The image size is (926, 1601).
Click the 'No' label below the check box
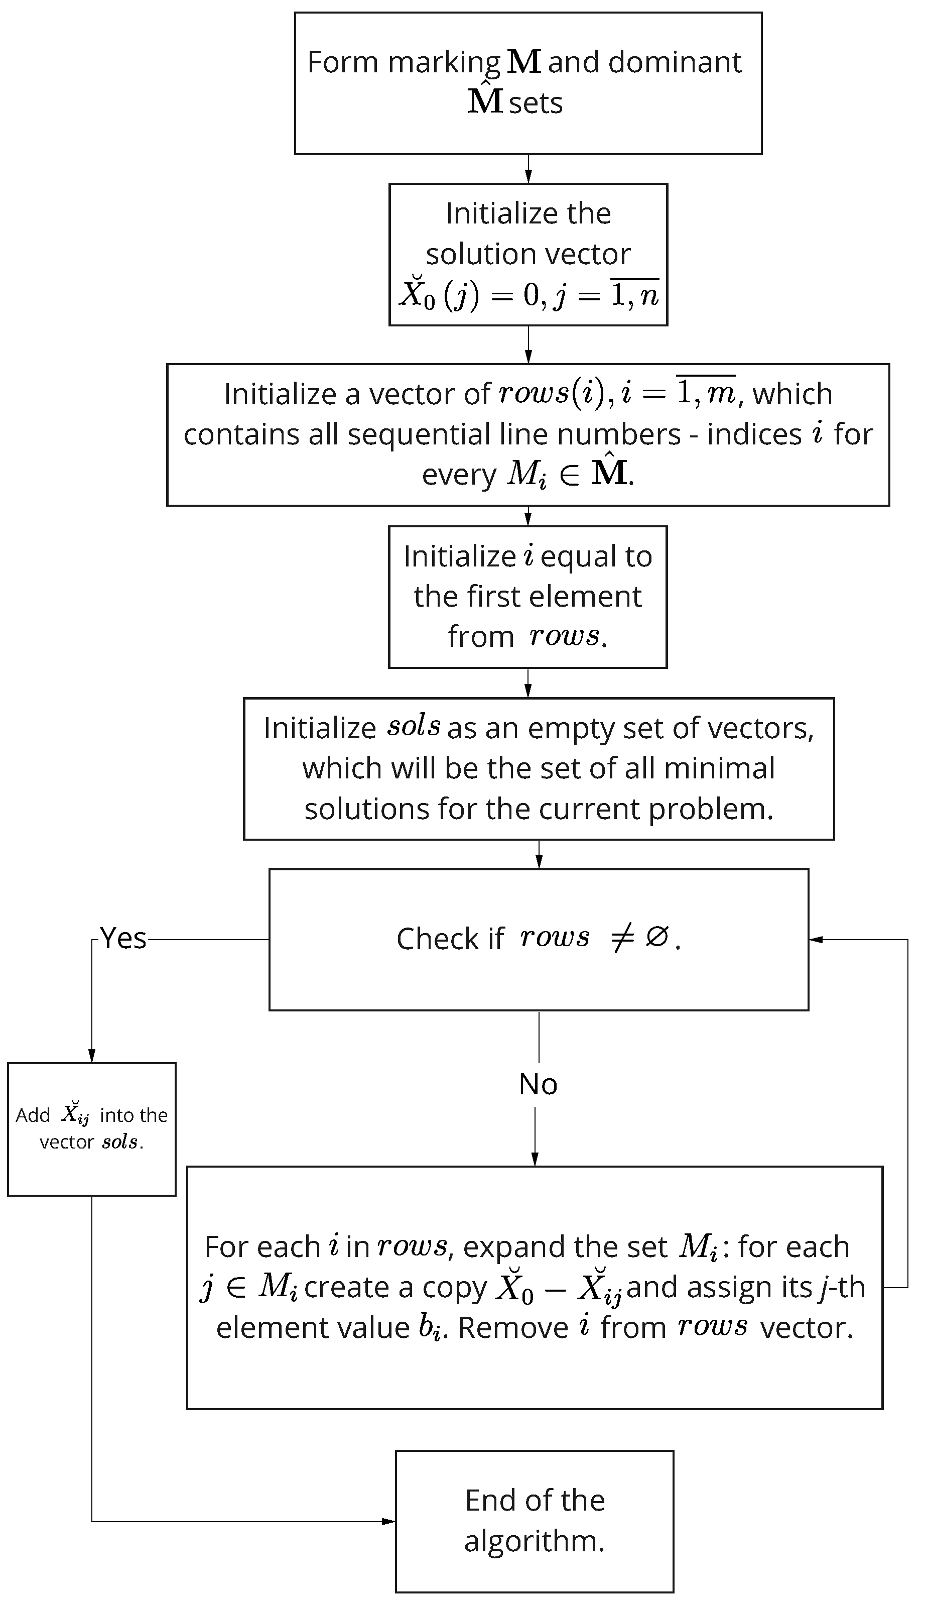tap(538, 1084)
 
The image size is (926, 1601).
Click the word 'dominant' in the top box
tap(675, 62)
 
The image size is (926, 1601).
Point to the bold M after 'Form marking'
tap(524, 62)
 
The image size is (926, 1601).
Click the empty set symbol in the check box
tap(656, 937)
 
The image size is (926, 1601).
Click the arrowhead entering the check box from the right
tap(816, 939)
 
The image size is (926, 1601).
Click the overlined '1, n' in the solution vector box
tap(634, 295)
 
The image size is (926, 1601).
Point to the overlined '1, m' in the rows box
tap(706, 393)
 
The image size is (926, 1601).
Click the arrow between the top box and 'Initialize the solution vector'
tap(528, 169)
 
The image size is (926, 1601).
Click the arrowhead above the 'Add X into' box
tap(91, 1055)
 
